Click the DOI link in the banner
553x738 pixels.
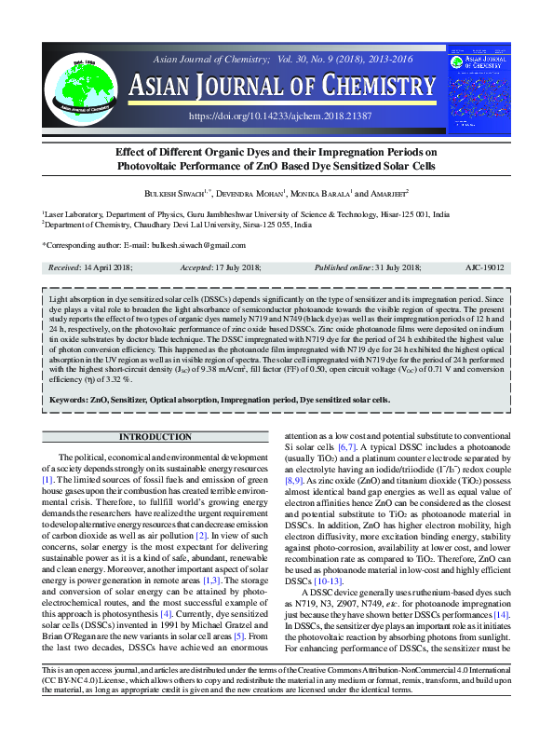pos(279,116)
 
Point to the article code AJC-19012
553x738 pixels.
pos(484,267)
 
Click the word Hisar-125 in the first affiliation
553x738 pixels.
pos(383,213)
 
